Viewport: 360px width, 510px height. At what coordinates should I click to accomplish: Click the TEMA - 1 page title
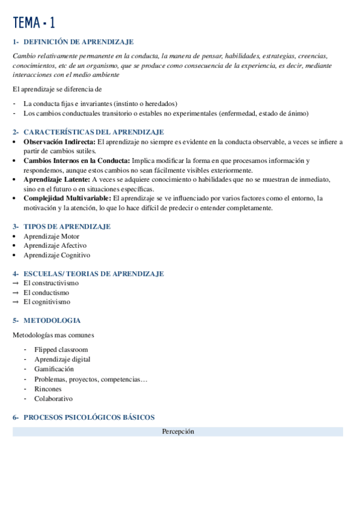[x=34, y=23]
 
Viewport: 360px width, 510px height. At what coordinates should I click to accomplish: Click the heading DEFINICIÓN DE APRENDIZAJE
[x=78, y=42]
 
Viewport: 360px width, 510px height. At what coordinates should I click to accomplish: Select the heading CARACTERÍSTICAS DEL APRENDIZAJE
[x=93, y=132]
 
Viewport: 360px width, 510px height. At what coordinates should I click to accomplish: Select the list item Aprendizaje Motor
[x=51, y=236]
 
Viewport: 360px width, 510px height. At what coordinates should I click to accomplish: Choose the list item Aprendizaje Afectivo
[x=55, y=245]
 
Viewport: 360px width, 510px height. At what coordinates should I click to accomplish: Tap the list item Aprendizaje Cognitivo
[x=56, y=255]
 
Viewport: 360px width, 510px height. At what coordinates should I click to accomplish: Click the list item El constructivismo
[x=51, y=283]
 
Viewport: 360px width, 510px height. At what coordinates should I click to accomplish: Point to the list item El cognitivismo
[x=47, y=302]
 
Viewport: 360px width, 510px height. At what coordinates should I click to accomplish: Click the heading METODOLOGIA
[x=52, y=321]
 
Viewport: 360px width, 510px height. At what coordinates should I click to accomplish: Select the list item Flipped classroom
[x=61, y=349]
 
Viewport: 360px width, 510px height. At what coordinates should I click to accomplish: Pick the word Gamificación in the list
[x=54, y=369]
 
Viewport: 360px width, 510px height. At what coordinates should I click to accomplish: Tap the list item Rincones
[x=47, y=389]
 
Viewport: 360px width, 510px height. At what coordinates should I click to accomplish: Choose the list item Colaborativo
[x=53, y=398]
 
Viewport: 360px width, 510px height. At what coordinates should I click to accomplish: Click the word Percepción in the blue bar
[x=178, y=431]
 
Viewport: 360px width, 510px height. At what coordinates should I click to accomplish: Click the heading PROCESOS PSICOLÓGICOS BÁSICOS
[x=89, y=417]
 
